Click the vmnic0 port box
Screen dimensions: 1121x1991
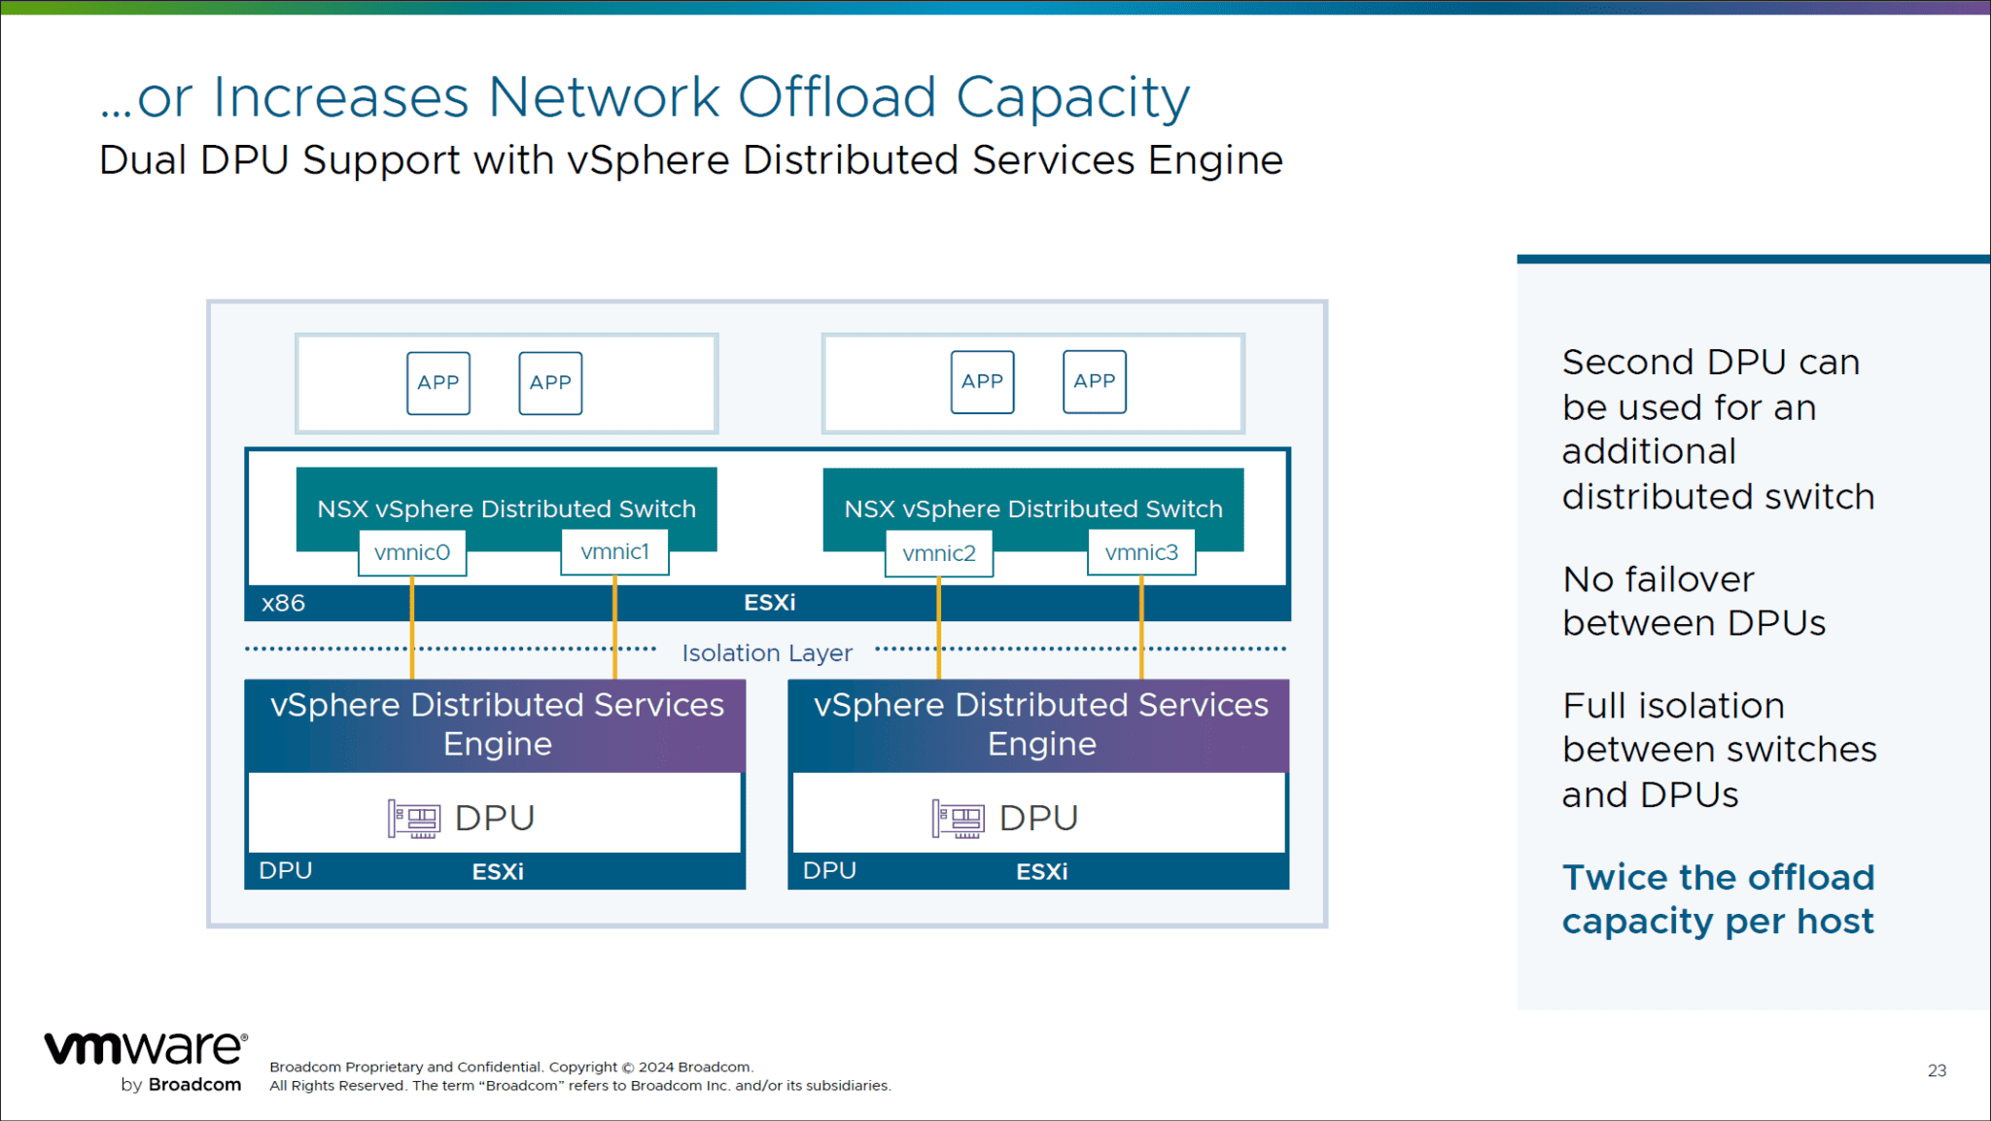click(x=412, y=552)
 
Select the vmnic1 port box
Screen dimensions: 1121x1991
click(x=614, y=551)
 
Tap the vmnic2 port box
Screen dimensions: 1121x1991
click(x=938, y=553)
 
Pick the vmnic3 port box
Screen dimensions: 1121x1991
click(x=1141, y=552)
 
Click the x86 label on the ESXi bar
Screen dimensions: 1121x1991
click(x=283, y=603)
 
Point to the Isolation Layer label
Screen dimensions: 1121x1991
click(x=766, y=652)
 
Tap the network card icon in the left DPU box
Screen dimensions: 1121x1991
click(x=414, y=819)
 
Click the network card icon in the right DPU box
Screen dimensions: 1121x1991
click(x=959, y=819)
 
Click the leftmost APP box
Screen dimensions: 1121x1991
click(x=438, y=383)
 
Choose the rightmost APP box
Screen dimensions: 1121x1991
click(x=1095, y=382)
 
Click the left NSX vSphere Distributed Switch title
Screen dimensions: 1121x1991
click(x=506, y=508)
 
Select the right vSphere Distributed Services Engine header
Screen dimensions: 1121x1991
click(x=1040, y=724)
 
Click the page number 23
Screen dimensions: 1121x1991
click(x=1937, y=1070)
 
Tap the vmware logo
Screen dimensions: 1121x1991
click(x=146, y=1048)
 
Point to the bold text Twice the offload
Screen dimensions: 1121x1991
click(x=1718, y=877)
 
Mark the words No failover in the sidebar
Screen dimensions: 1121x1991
click(x=1658, y=579)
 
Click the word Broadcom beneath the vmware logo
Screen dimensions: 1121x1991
click(x=194, y=1084)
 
